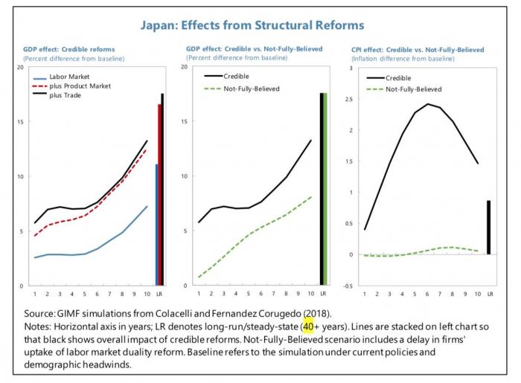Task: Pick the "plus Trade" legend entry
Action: pos(62,95)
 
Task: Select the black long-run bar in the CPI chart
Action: pos(488,228)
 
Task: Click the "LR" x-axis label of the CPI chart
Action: pos(489,293)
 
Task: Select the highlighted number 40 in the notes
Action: pos(307,326)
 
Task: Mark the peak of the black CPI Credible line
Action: pos(427,104)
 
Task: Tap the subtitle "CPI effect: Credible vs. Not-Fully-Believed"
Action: pos(416,49)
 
